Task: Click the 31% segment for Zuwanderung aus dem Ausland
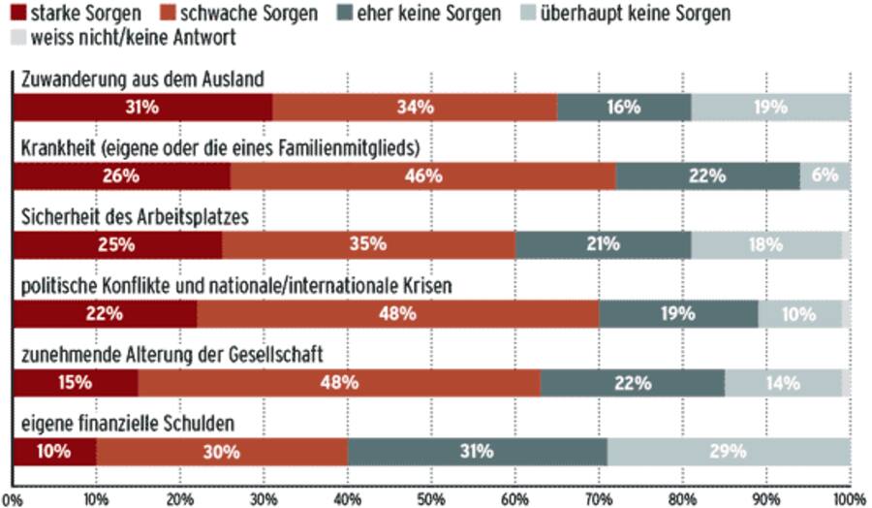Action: pos(142,107)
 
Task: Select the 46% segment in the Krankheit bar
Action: pos(422,175)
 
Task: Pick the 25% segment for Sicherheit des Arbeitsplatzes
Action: pos(117,244)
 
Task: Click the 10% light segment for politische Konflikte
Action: pos(799,313)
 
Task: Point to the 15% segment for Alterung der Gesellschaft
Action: pos(76,382)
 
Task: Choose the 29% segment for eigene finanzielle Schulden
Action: pos(729,451)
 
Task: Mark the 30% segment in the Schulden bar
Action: pos(222,451)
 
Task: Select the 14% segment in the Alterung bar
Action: pos(783,382)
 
